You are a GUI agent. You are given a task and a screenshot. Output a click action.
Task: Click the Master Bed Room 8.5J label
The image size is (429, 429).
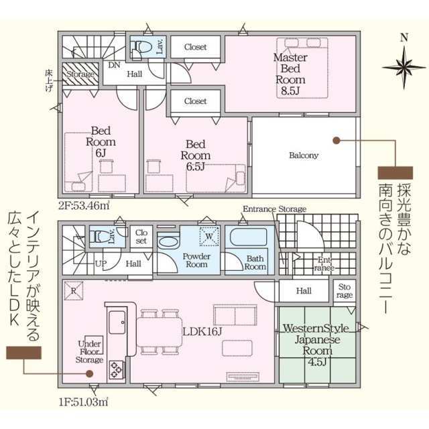click(x=290, y=74)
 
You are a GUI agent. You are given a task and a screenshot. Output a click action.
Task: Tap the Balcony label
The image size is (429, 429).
click(x=304, y=156)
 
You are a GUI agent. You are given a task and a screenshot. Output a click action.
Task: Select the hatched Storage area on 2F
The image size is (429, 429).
click(x=80, y=74)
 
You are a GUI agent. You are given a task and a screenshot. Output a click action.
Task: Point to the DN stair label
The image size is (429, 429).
click(x=114, y=65)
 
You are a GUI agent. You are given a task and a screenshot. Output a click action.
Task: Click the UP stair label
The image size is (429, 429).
click(x=101, y=263)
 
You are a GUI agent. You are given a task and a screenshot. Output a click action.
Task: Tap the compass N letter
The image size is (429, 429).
click(x=404, y=38)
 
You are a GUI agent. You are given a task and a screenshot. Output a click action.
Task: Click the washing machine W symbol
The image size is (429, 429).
click(x=209, y=236)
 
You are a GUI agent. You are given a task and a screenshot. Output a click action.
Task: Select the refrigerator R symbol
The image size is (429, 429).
click(x=74, y=291)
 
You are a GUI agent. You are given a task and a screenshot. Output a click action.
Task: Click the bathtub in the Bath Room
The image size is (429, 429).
click(x=249, y=237)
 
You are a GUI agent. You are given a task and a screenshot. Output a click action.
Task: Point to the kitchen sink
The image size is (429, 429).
click(x=117, y=323)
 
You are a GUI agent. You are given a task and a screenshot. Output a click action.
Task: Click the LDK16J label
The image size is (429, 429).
click(x=202, y=332)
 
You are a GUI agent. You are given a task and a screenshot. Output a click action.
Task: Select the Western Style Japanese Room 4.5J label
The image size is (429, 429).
click(x=316, y=345)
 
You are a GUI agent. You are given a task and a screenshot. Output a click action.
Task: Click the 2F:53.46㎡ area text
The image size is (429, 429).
click(x=84, y=206)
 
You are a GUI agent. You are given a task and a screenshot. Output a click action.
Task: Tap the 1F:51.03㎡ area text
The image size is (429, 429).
click(x=83, y=402)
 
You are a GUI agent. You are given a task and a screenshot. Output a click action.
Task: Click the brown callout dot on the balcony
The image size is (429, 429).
click(x=336, y=140)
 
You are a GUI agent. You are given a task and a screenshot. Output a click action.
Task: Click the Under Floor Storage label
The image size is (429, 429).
click(x=89, y=352)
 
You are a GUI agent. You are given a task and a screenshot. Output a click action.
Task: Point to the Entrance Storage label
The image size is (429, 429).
click(x=274, y=209)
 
